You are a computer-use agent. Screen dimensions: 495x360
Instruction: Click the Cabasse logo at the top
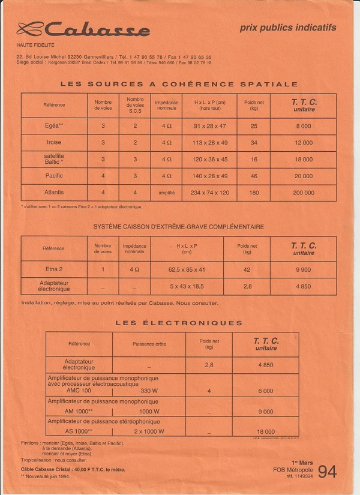pos(84,29)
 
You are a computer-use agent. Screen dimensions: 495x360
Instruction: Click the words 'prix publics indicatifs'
pos(288,28)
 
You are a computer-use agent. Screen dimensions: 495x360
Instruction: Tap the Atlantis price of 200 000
pos(304,193)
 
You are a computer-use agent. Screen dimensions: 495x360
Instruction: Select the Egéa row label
pos(54,126)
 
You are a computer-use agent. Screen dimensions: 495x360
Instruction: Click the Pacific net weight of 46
pos(254,176)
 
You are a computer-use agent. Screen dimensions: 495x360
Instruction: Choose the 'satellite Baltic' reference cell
pos(54,159)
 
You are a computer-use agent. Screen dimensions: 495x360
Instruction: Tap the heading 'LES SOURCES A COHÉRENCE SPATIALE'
pos(179,85)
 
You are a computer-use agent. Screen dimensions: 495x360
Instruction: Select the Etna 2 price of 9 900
pos(304,270)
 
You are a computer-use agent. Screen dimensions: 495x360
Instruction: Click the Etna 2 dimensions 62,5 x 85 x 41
pos(187,270)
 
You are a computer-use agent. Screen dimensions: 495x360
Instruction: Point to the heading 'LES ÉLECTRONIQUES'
pos(179,323)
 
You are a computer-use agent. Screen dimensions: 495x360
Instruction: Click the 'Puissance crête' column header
pos(149,344)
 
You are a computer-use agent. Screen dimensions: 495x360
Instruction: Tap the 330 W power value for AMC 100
pos(149,390)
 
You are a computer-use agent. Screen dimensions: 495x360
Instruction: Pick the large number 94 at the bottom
pos(328,472)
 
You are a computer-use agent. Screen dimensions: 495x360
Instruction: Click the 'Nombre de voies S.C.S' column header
pos(136,105)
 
